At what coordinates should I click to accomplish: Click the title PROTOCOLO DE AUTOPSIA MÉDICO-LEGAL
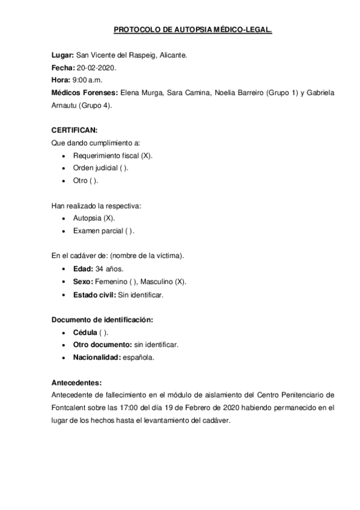point(192,28)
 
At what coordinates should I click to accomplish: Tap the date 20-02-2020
point(96,68)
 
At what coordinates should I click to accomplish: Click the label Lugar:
point(63,55)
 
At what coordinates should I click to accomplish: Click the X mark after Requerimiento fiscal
point(147,156)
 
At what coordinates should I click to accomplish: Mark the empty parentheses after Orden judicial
point(124,168)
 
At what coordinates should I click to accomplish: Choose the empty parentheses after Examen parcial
point(130,231)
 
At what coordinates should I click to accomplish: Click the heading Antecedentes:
point(76,382)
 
